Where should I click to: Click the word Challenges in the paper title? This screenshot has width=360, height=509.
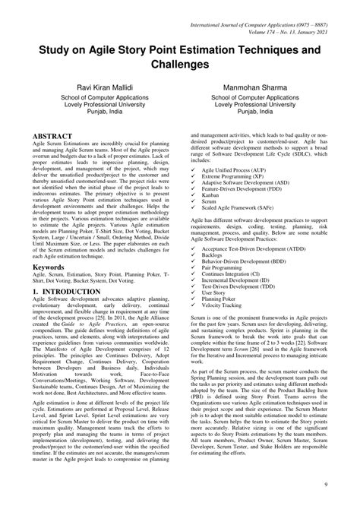180,67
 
